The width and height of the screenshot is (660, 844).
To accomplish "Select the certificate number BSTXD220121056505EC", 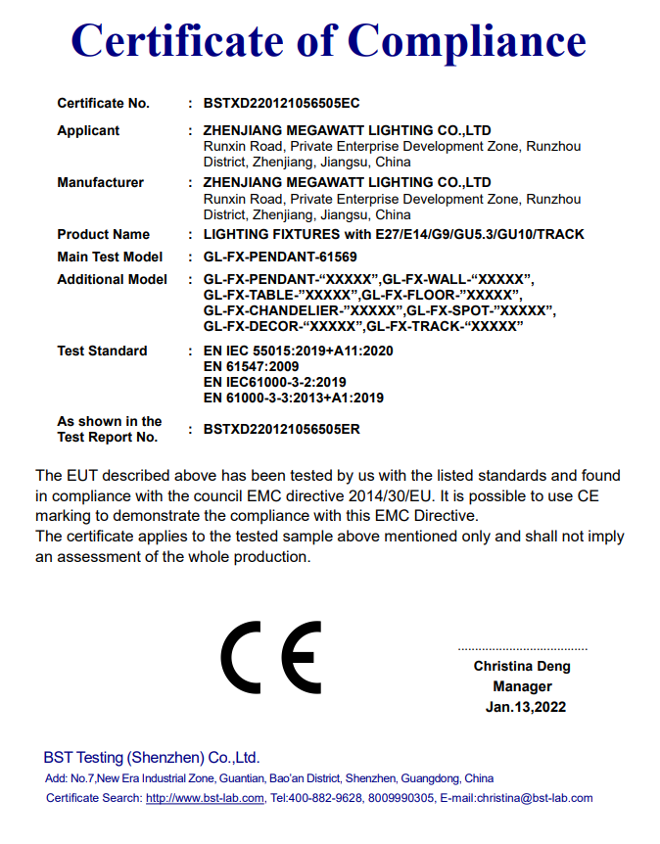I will [x=275, y=103].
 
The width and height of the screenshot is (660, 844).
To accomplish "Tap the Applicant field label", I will [x=88, y=130].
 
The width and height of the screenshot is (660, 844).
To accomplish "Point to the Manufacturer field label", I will [x=100, y=182].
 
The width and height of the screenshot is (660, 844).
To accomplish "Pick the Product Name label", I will [x=103, y=234].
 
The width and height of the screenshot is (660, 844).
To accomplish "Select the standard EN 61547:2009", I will [x=251, y=366].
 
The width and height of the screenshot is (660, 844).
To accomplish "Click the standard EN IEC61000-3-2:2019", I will [x=274, y=382].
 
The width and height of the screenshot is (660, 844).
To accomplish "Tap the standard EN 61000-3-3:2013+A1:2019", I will [x=293, y=398].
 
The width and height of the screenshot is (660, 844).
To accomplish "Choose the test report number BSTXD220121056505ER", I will [x=275, y=429].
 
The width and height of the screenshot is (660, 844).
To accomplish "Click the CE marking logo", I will [x=271, y=657].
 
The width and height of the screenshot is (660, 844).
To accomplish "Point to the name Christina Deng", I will [x=522, y=666].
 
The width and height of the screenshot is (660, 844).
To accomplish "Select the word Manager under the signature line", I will [x=522, y=686].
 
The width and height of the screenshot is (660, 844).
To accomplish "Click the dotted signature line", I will [x=523, y=649].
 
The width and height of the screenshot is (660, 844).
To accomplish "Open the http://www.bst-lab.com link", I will [x=205, y=798].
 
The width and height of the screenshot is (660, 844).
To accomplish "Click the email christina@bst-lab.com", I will [x=535, y=798].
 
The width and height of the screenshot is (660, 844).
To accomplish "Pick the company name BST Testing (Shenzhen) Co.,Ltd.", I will [x=152, y=758].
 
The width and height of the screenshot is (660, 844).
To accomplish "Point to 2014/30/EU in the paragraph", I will [x=409, y=495].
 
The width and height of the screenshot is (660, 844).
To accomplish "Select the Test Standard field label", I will [x=102, y=351].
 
